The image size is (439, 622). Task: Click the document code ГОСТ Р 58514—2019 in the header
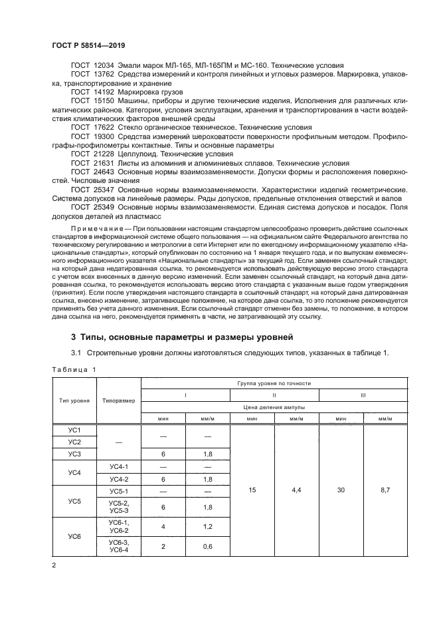(88, 45)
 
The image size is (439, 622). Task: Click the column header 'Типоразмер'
(119, 401)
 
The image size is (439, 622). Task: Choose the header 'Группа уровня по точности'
(274, 384)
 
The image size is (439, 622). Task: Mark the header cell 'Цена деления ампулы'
(274, 405)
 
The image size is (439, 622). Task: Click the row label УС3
(74, 454)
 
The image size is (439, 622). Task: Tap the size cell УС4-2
(119, 478)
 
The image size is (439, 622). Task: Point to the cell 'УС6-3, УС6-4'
(119, 547)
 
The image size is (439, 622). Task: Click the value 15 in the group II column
(252, 491)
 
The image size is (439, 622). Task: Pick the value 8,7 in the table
(385, 491)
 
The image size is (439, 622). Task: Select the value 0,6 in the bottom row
(207, 547)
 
